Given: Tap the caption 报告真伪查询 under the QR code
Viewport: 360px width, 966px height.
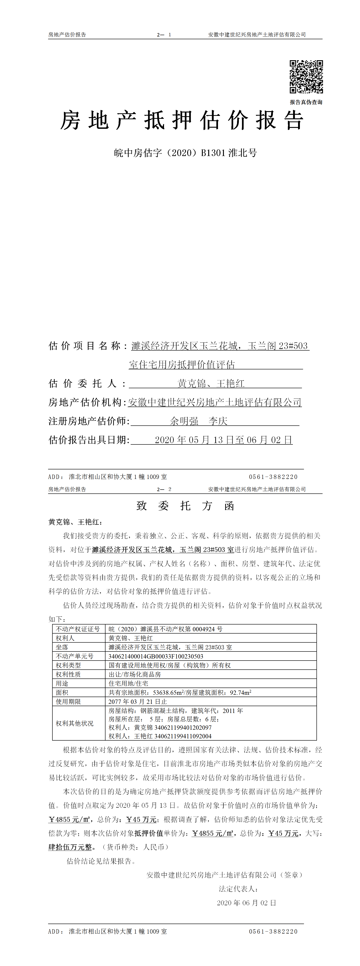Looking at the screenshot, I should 306,102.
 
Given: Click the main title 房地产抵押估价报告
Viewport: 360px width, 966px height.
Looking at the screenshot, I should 182,120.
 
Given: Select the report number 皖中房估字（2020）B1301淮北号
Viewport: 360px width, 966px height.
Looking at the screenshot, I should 185,153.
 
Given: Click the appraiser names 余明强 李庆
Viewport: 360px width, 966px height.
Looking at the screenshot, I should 199,421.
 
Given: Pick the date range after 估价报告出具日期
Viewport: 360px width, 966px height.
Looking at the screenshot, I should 223,440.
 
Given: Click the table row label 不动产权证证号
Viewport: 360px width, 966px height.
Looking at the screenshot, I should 78,629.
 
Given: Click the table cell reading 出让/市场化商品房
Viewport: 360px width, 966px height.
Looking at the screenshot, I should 135,674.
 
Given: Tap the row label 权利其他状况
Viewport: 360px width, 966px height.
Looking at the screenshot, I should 75,723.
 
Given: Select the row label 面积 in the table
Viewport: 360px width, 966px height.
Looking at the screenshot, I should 62,692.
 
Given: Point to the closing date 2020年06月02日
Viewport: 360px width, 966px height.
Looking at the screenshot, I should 246,903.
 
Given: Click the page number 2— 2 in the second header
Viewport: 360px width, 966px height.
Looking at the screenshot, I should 164,489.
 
